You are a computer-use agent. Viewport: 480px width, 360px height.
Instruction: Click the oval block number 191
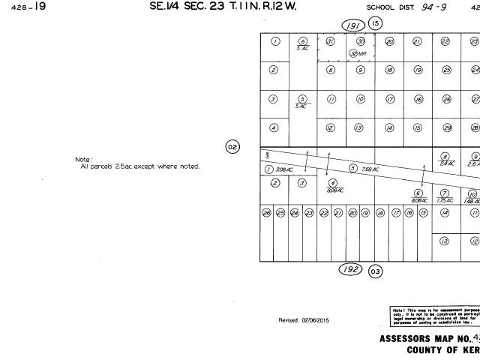(x=352, y=26)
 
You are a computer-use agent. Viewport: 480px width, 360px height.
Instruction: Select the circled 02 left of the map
(x=232, y=146)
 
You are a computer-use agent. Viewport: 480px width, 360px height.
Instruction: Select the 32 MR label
(x=361, y=53)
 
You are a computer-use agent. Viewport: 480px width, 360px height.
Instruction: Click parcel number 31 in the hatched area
(x=331, y=42)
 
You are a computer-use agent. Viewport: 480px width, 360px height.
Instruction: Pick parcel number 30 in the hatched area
(x=361, y=42)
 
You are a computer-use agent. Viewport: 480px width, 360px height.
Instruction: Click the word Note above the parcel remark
(x=82, y=159)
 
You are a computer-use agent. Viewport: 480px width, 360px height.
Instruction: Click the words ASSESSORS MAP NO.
(x=423, y=338)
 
